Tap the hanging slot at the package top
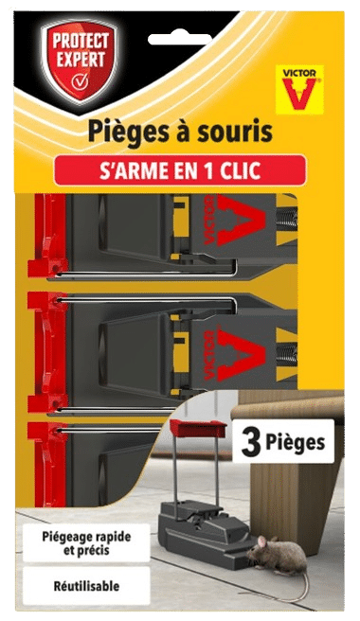(x=179, y=39)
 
